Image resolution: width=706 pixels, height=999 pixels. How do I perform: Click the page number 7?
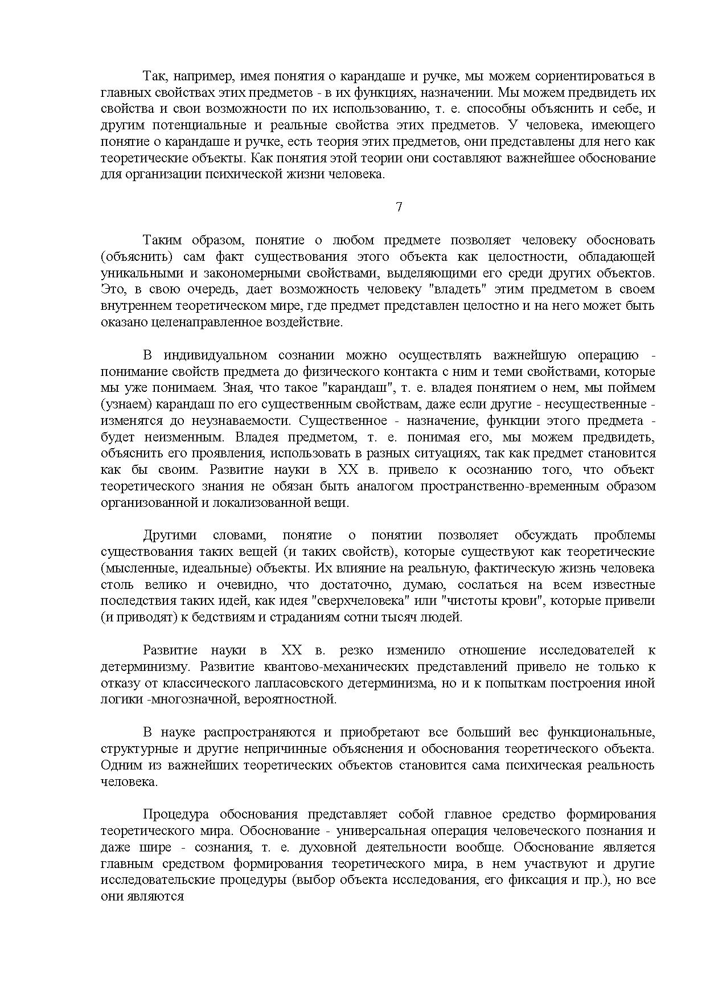pyautogui.click(x=399, y=207)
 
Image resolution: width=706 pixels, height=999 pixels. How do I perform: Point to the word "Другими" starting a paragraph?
pyautogui.click(x=170, y=535)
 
